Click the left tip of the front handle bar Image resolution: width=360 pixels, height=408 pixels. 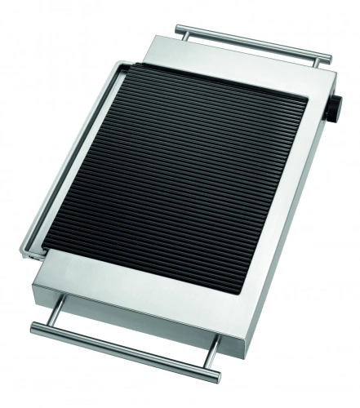(34, 329)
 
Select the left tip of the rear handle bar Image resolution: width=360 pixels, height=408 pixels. (176, 29)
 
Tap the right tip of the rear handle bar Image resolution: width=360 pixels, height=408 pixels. (329, 57)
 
